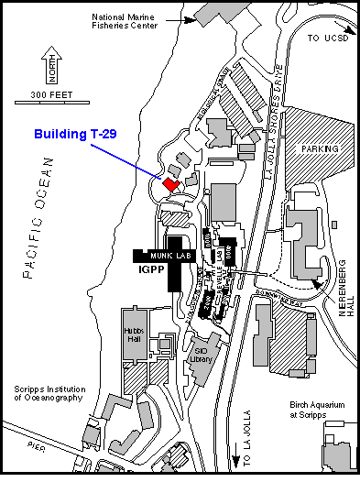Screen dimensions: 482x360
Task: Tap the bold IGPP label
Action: point(149,271)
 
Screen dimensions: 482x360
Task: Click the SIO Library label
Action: point(202,355)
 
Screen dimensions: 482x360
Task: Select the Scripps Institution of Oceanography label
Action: point(49,393)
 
